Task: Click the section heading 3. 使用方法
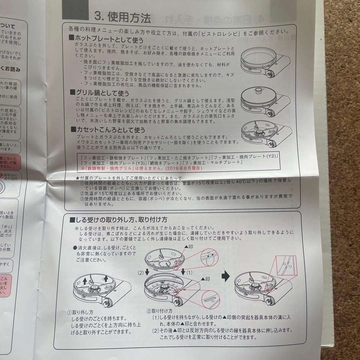click(123, 17)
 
